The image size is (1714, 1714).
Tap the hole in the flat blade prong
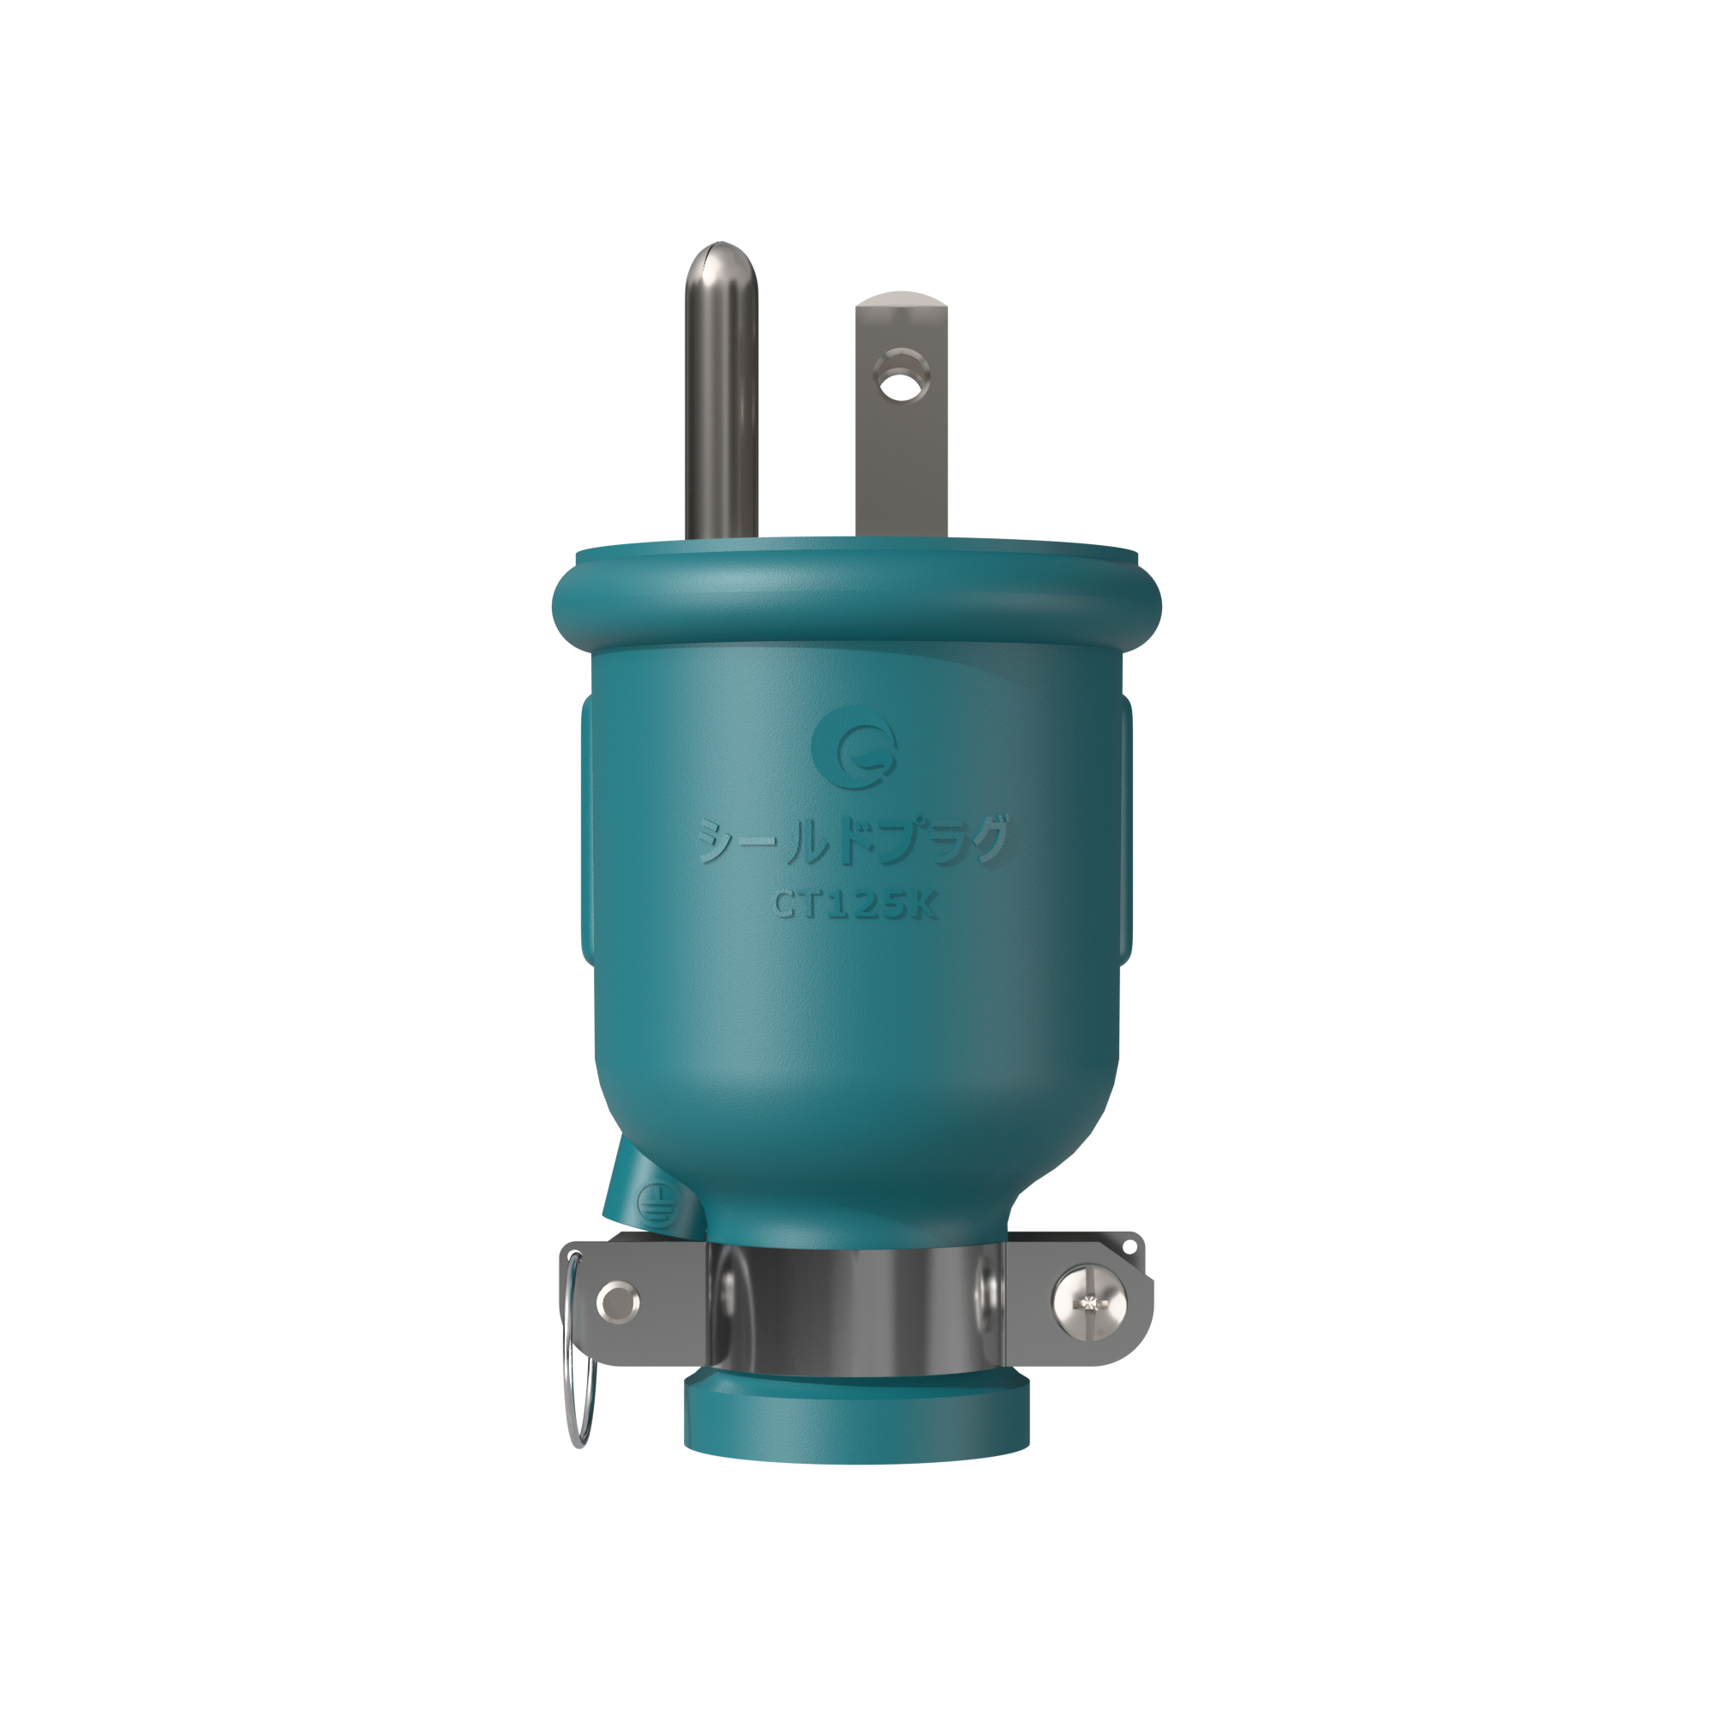900,387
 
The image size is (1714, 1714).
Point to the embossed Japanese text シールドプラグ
854,839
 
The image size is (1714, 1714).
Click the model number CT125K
855,904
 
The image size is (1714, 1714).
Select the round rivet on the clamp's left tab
617,1303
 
